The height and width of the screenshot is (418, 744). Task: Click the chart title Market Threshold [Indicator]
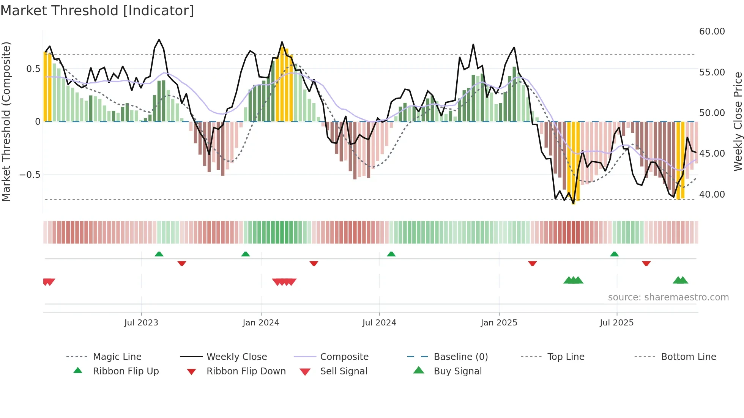(x=97, y=11)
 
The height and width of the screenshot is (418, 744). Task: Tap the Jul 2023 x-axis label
(x=141, y=323)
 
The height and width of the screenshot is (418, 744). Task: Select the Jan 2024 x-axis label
(x=261, y=323)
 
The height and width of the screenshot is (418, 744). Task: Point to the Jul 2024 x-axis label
(x=379, y=323)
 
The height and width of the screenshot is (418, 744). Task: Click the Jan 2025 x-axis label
(x=499, y=323)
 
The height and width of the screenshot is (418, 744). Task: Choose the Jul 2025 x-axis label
(x=616, y=323)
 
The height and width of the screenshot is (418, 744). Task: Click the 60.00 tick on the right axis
(x=712, y=31)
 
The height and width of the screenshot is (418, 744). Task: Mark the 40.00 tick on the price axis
(x=712, y=195)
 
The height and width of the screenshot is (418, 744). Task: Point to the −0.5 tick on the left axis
(x=30, y=175)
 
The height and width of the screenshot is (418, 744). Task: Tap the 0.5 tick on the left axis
(x=33, y=69)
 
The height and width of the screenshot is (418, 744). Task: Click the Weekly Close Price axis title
(x=738, y=121)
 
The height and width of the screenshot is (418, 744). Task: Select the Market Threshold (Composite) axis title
(x=6, y=121)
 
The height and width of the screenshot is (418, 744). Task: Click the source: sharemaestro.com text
(x=668, y=297)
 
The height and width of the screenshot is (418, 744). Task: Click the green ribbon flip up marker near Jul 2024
(x=391, y=254)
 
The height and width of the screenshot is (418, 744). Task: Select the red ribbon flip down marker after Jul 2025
(x=646, y=263)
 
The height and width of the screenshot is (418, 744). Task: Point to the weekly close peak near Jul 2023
(x=159, y=40)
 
